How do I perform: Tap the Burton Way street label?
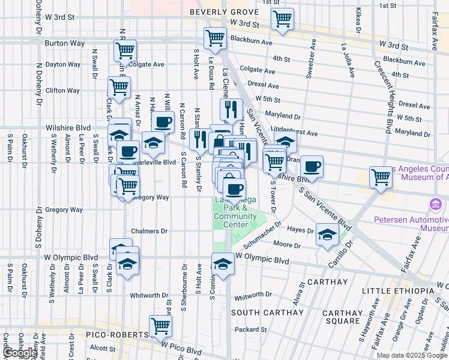(61, 43)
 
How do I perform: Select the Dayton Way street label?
(62, 64)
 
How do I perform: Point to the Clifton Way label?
(62, 91)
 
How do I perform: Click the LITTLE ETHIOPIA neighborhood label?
(397, 291)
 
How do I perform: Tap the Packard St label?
(250, 329)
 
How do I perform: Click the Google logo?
(20, 353)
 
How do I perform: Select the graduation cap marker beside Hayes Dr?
(327, 235)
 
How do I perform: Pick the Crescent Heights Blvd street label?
(384, 96)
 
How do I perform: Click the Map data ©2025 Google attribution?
(412, 355)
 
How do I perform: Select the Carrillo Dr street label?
(340, 250)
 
